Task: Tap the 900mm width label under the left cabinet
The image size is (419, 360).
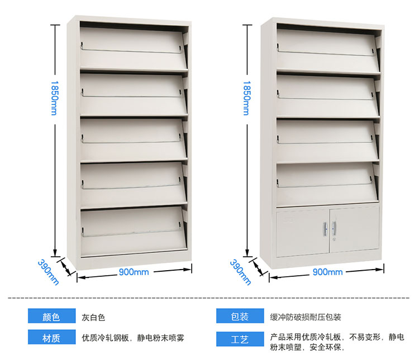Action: [134, 272]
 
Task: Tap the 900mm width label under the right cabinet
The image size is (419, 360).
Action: [327, 272]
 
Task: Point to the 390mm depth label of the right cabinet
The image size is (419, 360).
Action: [241, 272]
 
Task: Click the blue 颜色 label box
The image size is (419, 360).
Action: [51, 317]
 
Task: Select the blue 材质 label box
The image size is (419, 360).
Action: [51, 338]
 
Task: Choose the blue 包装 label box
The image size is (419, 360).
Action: [240, 317]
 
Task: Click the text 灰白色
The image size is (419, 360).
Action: [93, 318]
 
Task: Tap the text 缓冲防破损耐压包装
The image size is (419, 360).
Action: [305, 317]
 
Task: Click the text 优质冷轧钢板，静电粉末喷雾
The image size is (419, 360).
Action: [133, 338]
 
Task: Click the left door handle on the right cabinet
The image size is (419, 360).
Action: [325, 228]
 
